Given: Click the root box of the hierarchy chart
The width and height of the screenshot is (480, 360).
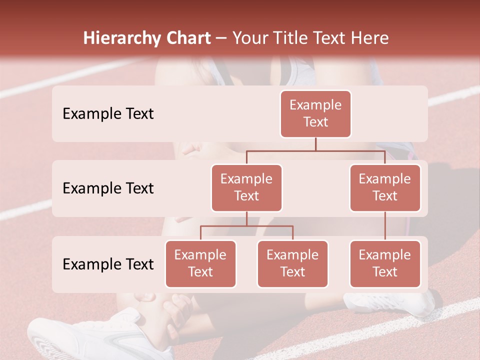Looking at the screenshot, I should coord(315,114).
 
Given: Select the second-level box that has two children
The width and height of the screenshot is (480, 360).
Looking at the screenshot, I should coord(246,187).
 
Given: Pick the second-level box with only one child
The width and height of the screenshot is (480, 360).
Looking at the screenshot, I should coord(385,187).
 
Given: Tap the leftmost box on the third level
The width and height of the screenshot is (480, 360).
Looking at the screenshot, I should coord(200,263).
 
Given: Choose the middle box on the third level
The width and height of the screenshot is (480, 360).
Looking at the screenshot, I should coord(292,263).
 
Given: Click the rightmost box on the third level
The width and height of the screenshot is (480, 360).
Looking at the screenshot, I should coord(385,263).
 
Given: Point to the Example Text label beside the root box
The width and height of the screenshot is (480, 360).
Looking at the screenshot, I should coord(108,114).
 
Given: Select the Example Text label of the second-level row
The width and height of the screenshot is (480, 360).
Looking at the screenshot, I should coord(108,188).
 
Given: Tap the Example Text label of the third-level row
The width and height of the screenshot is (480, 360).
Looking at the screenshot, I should coord(108,264).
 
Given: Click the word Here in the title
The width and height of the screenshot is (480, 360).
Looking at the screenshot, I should coord(369,38).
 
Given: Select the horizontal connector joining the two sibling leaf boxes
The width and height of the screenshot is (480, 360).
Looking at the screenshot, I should coord(246,226).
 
